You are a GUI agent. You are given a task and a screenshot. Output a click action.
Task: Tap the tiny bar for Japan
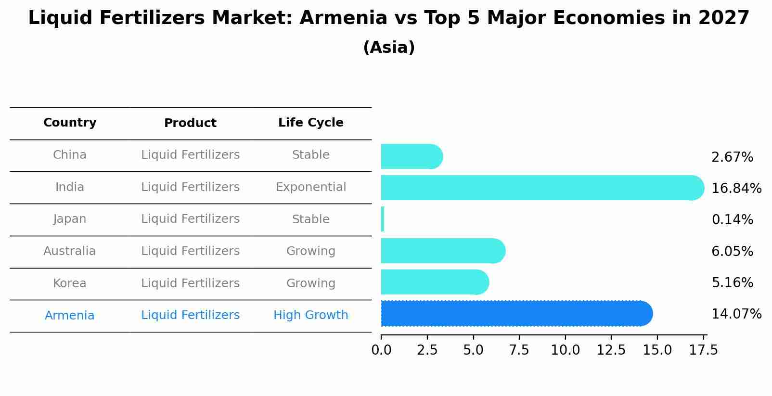click(x=383, y=219)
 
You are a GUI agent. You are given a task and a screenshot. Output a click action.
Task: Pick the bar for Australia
click(x=443, y=251)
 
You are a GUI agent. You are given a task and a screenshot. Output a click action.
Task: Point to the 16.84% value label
click(x=736, y=188)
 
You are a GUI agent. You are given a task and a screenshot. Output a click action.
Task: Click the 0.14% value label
click(x=732, y=220)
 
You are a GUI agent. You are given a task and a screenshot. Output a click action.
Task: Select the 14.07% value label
click(x=736, y=314)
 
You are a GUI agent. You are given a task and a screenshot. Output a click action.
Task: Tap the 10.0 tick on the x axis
click(x=565, y=350)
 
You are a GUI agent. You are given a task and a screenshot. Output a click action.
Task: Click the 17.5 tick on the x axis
click(x=703, y=350)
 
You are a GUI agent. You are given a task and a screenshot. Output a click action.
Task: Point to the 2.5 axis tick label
click(x=427, y=350)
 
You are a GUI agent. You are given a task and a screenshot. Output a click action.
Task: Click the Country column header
click(x=70, y=123)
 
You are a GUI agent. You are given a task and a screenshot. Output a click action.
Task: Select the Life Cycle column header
click(x=310, y=123)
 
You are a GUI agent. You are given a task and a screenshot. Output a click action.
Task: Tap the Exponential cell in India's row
click(x=310, y=187)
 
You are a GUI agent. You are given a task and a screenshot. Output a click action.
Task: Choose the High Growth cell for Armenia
click(x=310, y=315)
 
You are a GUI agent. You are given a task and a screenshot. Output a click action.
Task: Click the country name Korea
click(x=70, y=283)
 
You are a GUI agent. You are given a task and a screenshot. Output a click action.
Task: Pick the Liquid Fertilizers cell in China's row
click(x=190, y=155)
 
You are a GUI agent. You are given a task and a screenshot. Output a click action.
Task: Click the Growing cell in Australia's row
click(x=310, y=251)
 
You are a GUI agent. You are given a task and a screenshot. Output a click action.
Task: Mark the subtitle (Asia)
click(x=389, y=48)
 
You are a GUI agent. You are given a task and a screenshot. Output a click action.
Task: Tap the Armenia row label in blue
click(x=70, y=316)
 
